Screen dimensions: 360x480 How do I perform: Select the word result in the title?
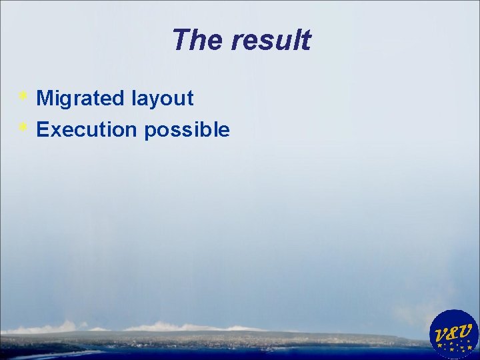click(271, 40)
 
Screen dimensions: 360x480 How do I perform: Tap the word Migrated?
click(81, 99)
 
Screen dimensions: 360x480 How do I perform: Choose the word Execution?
click(87, 130)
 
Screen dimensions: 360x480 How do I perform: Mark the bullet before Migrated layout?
click(23, 96)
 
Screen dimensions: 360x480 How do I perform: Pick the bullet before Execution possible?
click(23, 126)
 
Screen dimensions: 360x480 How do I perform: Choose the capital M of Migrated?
click(45, 99)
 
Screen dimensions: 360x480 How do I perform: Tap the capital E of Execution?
click(42, 130)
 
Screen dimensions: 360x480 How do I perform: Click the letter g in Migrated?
click(67, 101)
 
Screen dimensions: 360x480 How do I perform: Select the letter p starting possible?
click(149, 132)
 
